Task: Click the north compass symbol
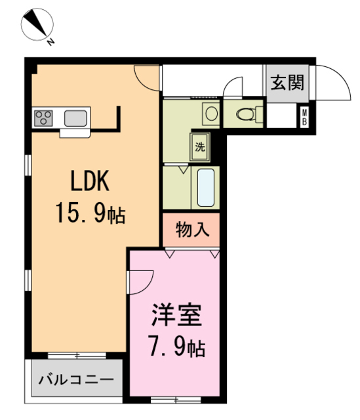point(37,26)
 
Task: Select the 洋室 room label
point(177,314)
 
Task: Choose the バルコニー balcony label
point(75,379)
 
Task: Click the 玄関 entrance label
point(287,83)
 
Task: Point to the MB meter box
point(305,118)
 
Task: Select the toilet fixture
point(249,114)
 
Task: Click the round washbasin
point(211,113)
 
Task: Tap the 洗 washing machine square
point(199,147)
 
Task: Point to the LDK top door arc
point(148,77)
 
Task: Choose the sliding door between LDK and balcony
point(76,356)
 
